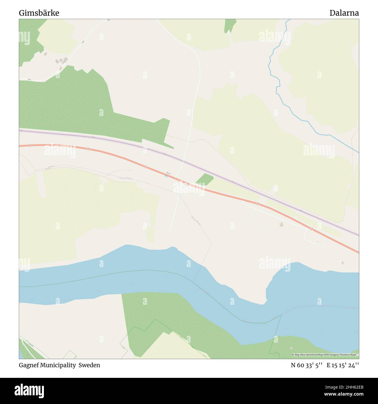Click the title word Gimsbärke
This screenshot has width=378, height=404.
click(x=39, y=13)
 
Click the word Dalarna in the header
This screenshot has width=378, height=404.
click(x=344, y=13)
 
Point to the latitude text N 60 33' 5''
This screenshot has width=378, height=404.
click(x=306, y=365)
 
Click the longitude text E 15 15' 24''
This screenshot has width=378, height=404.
click(x=343, y=365)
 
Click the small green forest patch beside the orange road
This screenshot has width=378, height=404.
click(x=205, y=179)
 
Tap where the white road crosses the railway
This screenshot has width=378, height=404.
click(x=183, y=161)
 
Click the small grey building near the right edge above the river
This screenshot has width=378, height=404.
click(x=343, y=263)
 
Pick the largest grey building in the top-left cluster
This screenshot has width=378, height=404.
click(x=65, y=60)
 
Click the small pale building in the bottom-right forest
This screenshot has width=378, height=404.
click(x=291, y=348)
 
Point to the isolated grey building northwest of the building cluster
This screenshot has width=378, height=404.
click(x=45, y=54)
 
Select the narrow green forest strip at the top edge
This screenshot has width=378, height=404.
click(x=230, y=25)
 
